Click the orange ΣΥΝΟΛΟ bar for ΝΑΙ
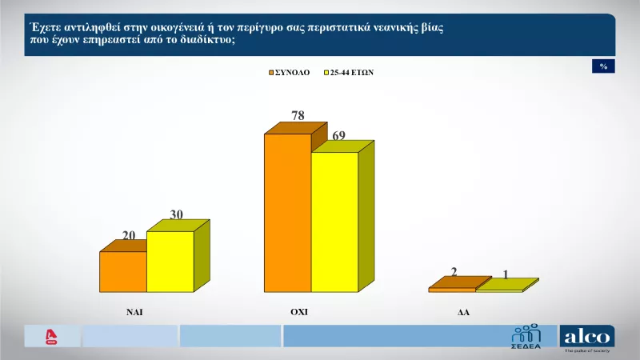(122, 272)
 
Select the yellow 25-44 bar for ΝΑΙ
(170, 262)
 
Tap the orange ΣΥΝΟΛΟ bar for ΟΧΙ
(287, 213)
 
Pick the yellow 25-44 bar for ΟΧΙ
(334, 222)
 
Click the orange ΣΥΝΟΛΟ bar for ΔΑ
(452, 290)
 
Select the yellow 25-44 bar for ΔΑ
(498, 290)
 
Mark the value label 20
(129, 234)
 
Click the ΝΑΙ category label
(134, 313)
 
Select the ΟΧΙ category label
(298, 313)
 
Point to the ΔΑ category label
(463, 314)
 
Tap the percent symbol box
(603, 66)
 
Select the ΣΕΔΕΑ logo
(526, 337)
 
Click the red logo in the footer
(52, 337)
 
